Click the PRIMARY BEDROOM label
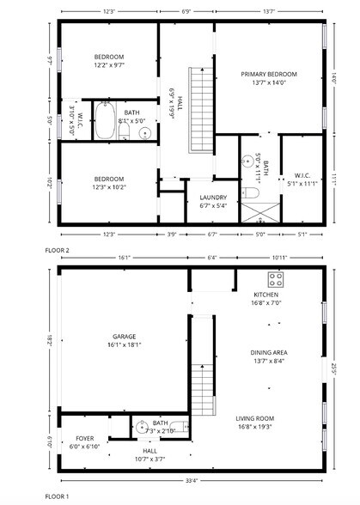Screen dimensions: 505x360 [x=268, y=75]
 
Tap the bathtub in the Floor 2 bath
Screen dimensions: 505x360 [x=105, y=120]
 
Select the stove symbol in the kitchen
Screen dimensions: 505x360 [x=278, y=279]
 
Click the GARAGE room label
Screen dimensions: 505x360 [x=124, y=336]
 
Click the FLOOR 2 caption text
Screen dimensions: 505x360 [x=57, y=249]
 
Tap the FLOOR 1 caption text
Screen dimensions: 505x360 [x=57, y=496]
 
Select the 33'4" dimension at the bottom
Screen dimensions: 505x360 [x=192, y=480]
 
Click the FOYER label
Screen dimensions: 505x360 [x=84, y=438]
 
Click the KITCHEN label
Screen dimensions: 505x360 [x=266, y=295]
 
